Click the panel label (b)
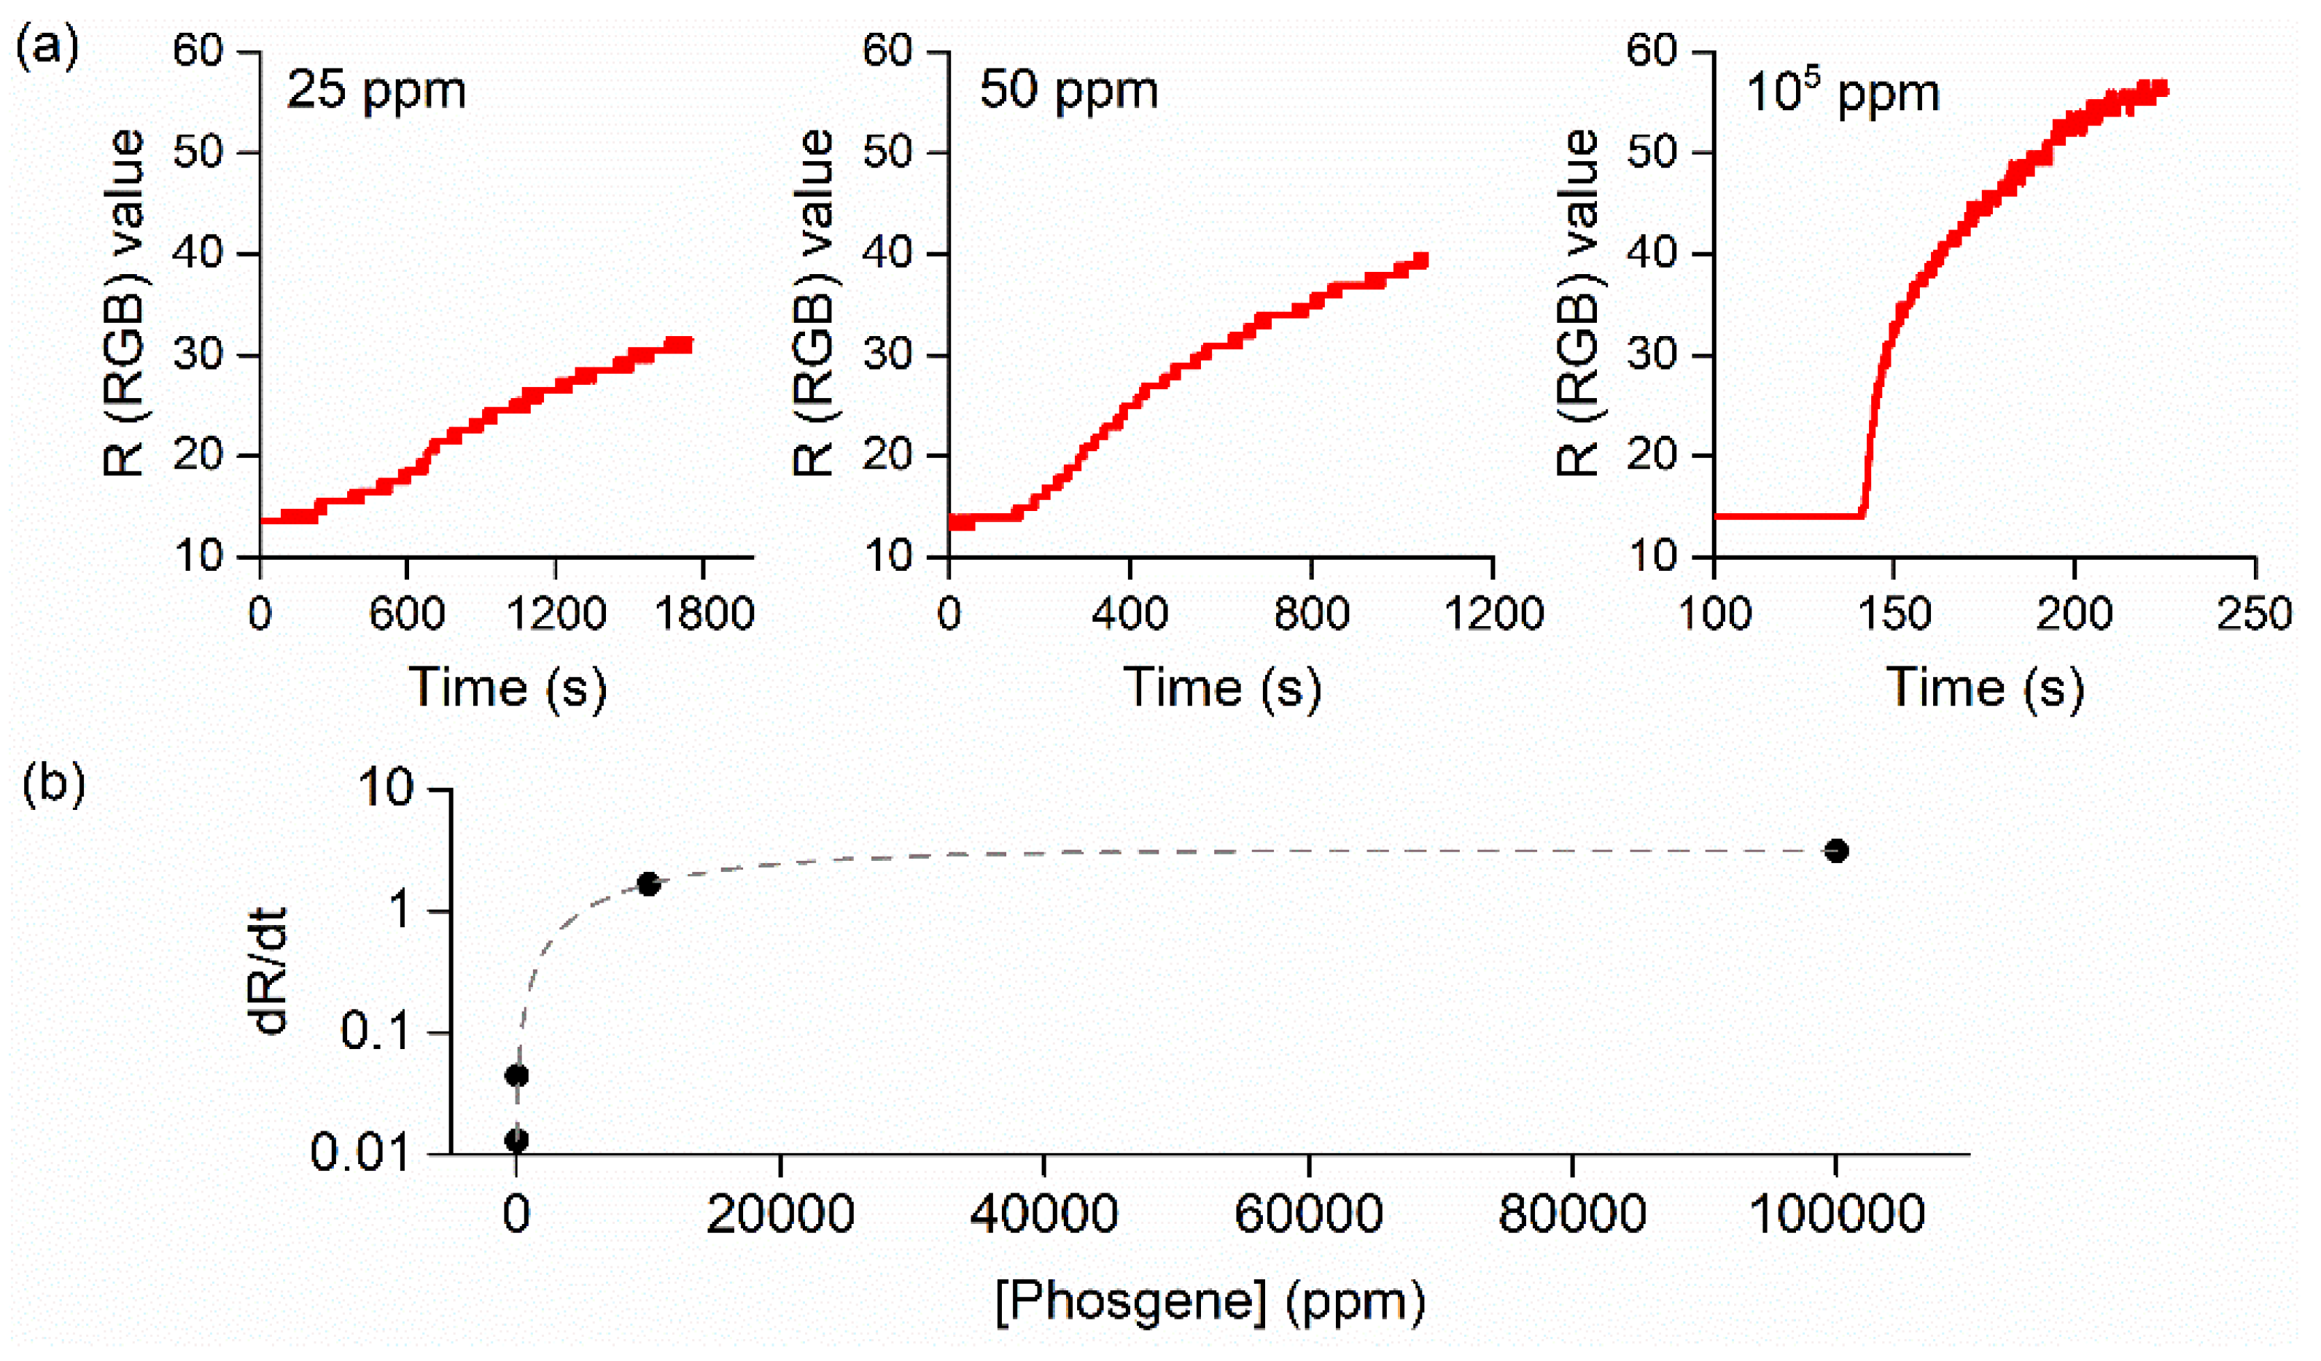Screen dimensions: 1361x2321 tap(53, 784)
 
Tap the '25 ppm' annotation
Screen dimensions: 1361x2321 tap(376, 90)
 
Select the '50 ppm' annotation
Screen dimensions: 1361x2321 tap(1068, 90)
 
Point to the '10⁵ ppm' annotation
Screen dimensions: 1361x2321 tap(1842, 92)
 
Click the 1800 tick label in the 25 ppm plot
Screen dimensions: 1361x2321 tap(704, 613)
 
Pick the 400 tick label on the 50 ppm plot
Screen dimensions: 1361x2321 tap(1130, 613)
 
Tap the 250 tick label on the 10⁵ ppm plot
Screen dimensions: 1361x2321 tap(2254, 613)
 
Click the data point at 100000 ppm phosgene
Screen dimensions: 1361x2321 tap(1835, 851)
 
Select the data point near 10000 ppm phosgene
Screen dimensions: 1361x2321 tap(648, 884)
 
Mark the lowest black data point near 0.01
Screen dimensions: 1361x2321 tap(517, 1141)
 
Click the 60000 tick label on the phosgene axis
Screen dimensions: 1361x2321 tap(1308, 1214)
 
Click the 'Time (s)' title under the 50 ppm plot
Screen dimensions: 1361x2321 tap(1222, 688)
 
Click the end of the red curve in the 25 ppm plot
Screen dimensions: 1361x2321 tap(685, 344)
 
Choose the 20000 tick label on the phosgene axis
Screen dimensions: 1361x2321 tap(780, 1214)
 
